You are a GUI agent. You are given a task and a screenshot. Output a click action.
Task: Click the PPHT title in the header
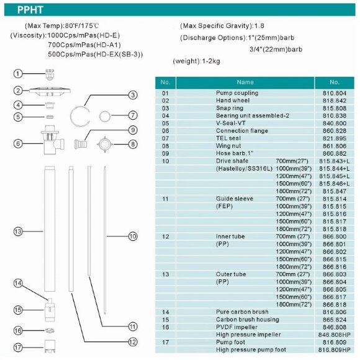tap(30, 10)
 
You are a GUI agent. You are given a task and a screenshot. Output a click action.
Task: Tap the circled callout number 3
tap(133, 95)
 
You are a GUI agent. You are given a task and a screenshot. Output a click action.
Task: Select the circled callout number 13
tap(18, 232)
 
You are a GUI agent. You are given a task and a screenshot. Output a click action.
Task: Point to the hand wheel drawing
tap(50, 91)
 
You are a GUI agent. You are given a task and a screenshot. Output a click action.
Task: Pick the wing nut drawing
tap(105, 145)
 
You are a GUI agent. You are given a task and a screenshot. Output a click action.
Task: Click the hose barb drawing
tap(80, 145)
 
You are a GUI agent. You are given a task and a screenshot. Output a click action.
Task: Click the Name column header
tap(245, 82)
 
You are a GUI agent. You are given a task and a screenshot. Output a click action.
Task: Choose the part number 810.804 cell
tap(335, 93)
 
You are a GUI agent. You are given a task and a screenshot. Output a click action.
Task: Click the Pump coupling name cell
tap(237, 93)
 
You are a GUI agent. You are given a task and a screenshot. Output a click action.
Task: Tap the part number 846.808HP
tap(335, 335)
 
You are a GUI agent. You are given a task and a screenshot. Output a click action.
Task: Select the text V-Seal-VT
tap(231, 123)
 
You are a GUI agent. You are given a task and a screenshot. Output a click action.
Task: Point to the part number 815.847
tap(335, 191)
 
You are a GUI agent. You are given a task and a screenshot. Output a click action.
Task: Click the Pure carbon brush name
tap(242, 312)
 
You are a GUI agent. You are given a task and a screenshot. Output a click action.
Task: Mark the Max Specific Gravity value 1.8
tap(259, 25)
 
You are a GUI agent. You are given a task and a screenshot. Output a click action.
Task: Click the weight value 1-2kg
tap(211, 61)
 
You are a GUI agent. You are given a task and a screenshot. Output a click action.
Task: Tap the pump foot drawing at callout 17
tap(50, 346)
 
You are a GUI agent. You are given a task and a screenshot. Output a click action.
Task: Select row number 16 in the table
tap(166, 327)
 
